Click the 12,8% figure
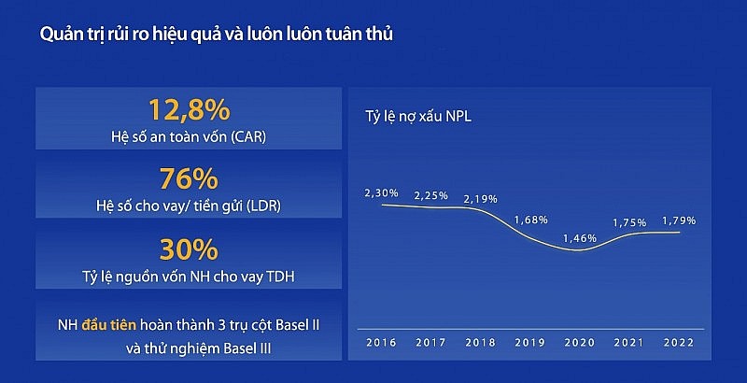coord(189,110)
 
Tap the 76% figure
coord(189,178)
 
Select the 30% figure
coord(189,248)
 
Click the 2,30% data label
coord(382,192)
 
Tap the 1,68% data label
coord(530,220)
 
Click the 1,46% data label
coord(579,239)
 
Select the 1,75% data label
coord(628,222)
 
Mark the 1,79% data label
coord(678,220)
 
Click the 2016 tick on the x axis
coord(382,344)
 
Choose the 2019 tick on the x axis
coord(530,344)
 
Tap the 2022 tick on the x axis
coord(678,344)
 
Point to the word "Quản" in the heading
coord(58,35)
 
